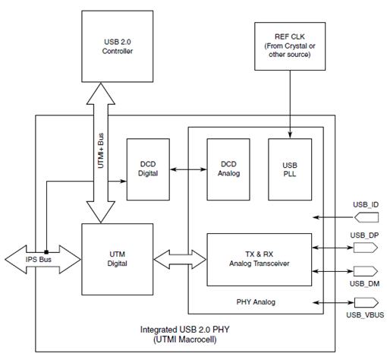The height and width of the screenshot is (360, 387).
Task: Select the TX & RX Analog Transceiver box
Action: point(259,259)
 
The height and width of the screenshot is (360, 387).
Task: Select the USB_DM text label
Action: point(364,283)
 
